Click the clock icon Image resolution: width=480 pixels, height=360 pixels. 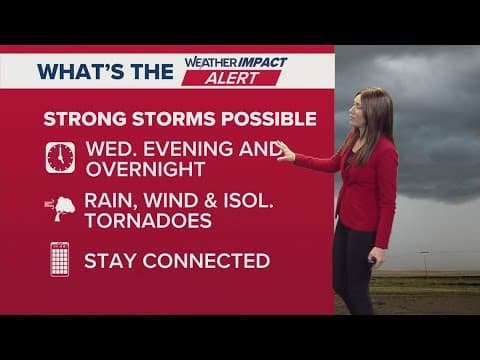[x=60, y=157]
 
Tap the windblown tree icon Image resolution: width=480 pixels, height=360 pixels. [x=60, y=208]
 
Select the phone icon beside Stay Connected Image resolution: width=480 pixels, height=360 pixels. [x=60, y=260]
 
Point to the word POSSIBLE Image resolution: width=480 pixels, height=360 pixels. [x=271, y=119]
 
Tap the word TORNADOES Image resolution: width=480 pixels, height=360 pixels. [x=148, y=220]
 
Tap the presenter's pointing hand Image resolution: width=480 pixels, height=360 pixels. [x=285, y=152]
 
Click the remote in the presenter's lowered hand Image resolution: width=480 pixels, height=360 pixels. [x=372, y=261]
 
